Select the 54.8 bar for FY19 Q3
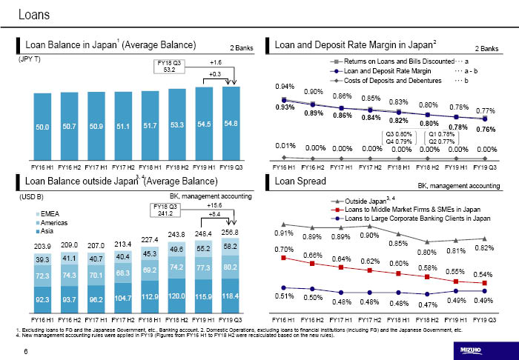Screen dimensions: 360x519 (x=231, y=122)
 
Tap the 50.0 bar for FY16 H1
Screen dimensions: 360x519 (x=42, y=127)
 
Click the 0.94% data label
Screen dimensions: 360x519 (x=285, y=86)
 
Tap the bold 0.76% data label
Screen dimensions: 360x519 (x=486, y=129)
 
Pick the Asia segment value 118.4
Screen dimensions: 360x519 (x=231, y=296)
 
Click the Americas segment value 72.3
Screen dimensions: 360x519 (x=42, y=276)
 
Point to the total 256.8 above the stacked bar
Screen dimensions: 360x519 (x=231, y=233)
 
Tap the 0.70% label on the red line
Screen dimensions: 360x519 (x=285, y=249)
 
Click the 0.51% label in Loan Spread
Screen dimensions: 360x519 (x=285, y=296)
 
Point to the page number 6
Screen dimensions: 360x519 (x=27, y=351)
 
